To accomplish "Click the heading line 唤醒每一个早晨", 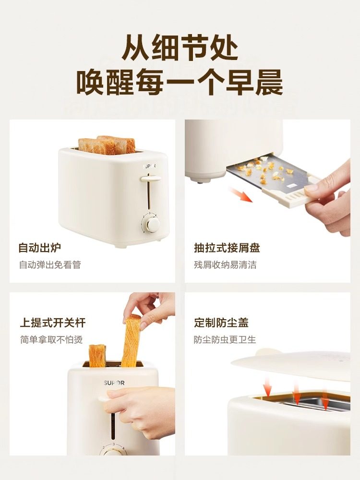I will tap(180, 82).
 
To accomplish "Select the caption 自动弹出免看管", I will tap(50, 265).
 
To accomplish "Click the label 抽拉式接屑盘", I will tap(227, 248).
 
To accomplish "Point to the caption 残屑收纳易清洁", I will tap(225, 265).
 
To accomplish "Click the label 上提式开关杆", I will tap(53, 323).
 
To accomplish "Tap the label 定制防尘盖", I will tap(221, 323).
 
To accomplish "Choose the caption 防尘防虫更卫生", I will tap(225, 339).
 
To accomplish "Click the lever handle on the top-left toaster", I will tap(150, 179).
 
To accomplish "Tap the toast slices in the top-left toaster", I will tap(107, 145).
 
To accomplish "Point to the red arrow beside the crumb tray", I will tap(240, 196).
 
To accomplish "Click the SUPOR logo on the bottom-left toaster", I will tap(114, 383).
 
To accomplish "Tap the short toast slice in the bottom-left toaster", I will tap(97, 355).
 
